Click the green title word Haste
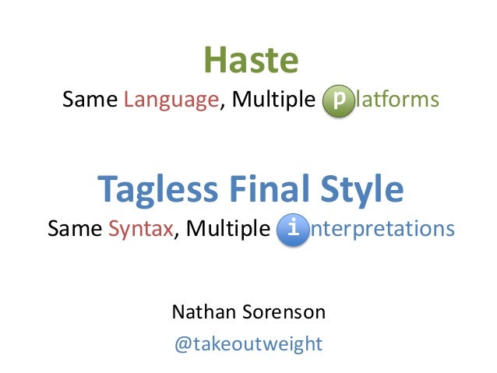point(251,61)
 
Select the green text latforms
point(397,100)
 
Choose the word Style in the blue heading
point(366,188)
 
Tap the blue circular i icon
point(292,230)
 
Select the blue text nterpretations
point(381,230)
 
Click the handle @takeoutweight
point(248,343)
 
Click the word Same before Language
point(87,100)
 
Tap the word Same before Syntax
point(74,230)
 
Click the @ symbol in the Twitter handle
point(182,343)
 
